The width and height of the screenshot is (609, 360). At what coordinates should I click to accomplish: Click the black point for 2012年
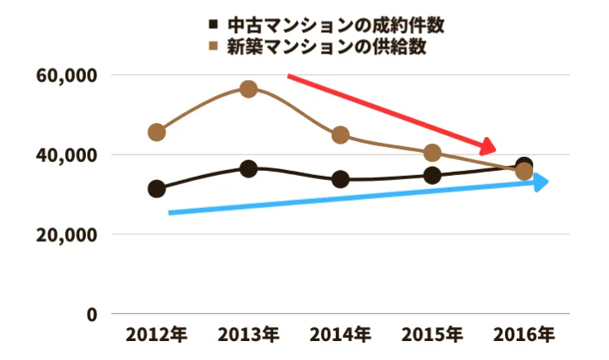(x=156, y=189)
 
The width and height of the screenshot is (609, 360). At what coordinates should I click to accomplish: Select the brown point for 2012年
(x=156, y=132)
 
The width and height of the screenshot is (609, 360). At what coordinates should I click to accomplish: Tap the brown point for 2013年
(x=248, y=89)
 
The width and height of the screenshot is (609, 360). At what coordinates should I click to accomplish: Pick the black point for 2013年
(x=248, y=169)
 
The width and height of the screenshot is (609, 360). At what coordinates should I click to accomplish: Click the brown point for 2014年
(x=340, y=135)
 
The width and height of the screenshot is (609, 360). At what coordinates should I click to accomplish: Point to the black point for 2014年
(x=340, y=179)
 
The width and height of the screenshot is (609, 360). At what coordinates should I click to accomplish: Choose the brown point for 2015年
(x=432, y=153)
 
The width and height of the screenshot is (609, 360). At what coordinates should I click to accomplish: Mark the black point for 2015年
(x=432, y=175)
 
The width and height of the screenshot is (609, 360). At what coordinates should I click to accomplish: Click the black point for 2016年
(x=524, y=165)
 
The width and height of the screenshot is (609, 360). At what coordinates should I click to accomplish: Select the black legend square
(x=215, y=25)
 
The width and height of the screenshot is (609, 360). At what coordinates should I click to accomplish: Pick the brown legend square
(x=215, y=47)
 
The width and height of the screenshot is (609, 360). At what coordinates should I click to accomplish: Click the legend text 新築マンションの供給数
(x=328, y=47)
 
